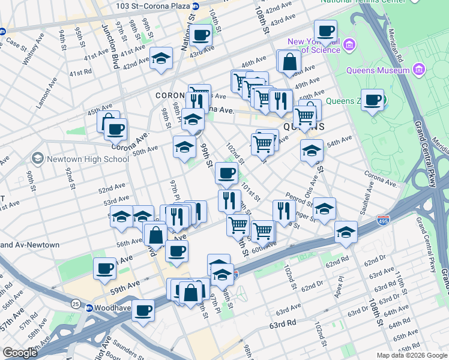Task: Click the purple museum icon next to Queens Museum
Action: [419, 70]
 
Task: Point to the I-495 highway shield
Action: [382, 221]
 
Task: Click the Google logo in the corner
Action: [20, 353]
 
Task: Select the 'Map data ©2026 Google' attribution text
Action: [412, 355]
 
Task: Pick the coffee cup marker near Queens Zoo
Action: [372, 100]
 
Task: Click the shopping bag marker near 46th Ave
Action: [289, 61]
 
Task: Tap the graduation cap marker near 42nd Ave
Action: [161, 58]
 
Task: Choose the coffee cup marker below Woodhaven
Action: [143, 310]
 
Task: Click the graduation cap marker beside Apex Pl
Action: [346, 231]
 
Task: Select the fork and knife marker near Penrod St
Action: [282, 209]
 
